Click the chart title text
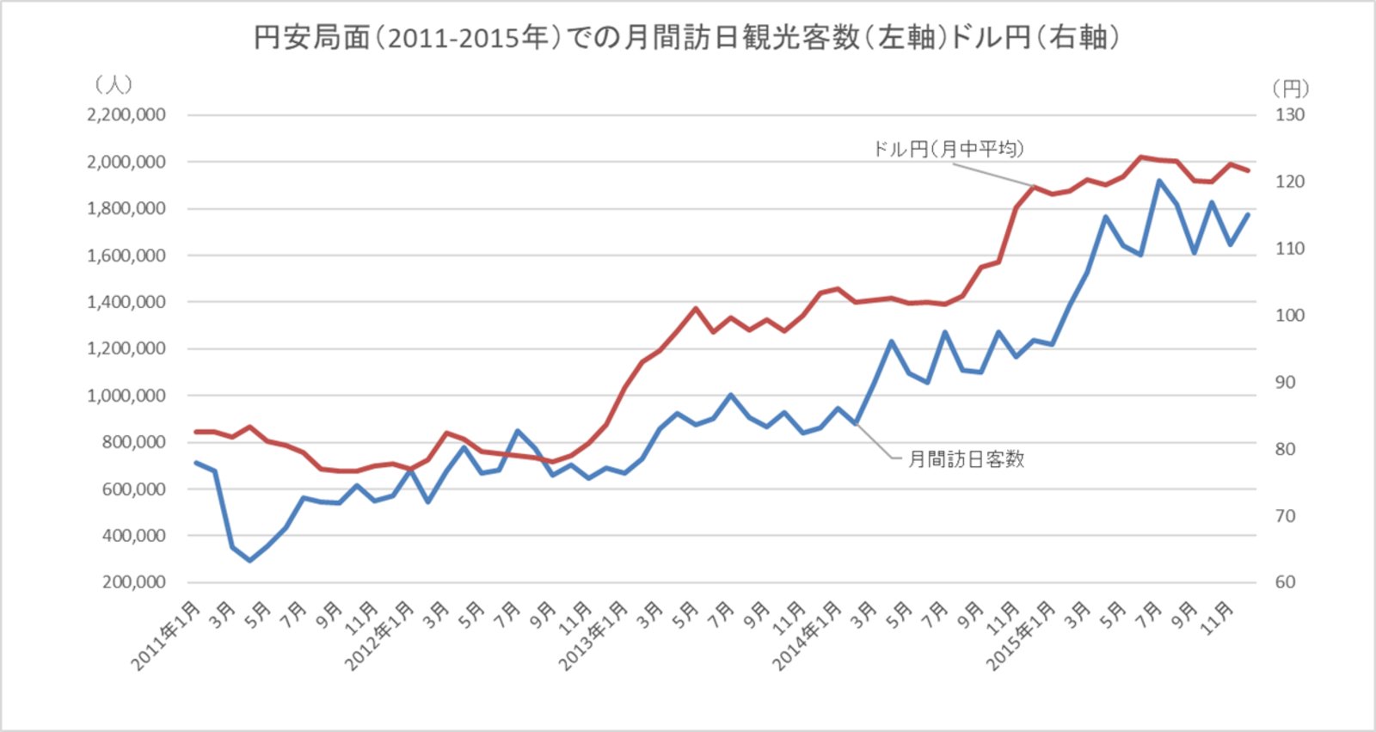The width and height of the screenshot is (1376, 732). tap(686, 38)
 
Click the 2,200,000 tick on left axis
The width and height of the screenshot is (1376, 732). tap(126, 115)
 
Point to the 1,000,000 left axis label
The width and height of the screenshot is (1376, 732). tap(126, 396)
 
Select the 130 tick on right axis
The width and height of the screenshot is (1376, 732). tap(1289, 115)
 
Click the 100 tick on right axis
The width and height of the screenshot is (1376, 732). tap(1289, 316)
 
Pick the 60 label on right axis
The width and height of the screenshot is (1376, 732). tap(1285, 582)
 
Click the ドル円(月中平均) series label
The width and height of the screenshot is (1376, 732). tap(949, 149)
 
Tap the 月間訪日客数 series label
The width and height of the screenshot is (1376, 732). tap(967, 459)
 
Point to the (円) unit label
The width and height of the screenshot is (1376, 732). tap(1290, 89)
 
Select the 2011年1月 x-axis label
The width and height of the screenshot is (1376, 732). tap(166, 636)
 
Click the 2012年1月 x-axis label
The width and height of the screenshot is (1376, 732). tap(379, 636)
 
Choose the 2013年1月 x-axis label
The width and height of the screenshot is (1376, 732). tap(593, 636)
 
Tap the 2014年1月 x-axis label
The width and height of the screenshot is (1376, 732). tap(806, 636)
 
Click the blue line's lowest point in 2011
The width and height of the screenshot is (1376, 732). tap(250, 561)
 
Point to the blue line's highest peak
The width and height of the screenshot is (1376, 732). tap(1159, 181)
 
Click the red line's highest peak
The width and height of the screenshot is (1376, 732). tap(1141, 157)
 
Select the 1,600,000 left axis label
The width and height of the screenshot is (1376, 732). tap(126, 255)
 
